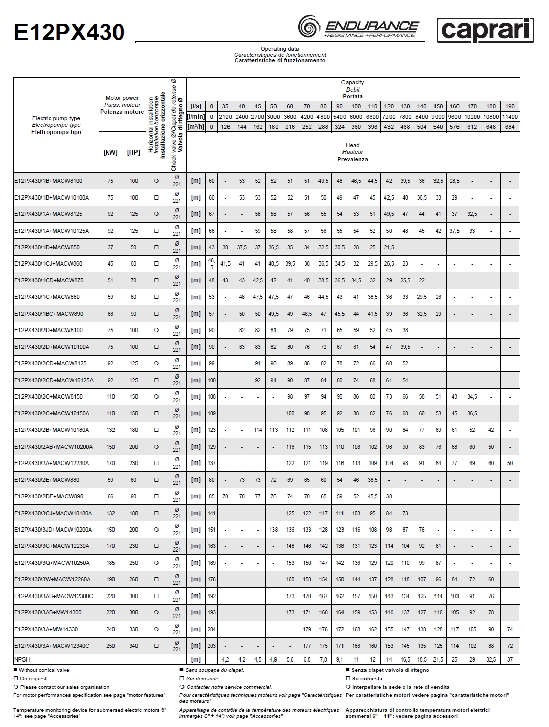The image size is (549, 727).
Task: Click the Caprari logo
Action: (x=485, y=31)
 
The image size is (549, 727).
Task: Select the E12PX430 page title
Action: (x=69, y=33)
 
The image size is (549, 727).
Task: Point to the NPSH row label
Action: (x=22, y=659)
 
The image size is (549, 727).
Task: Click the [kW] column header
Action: (x=110, y=152)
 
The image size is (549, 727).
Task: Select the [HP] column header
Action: (x=133, y=152)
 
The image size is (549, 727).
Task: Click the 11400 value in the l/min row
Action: (x=510, y=117)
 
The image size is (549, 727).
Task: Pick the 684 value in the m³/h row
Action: (x=510, y=127)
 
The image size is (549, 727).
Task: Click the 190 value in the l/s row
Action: (x=510, y=106)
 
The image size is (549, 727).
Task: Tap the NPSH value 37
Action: (x=510, y=659)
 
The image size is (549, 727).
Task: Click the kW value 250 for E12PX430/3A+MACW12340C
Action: (x=110, y=646)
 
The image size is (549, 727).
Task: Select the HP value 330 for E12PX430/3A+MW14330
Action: (x=133, y=629)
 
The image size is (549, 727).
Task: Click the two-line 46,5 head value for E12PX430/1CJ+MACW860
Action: (x=211, y=263)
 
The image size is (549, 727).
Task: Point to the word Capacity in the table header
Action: (x=353, y=82)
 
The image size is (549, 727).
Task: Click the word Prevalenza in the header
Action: (x=353, y=159)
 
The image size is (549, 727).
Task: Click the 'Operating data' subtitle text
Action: (x=280, y=49)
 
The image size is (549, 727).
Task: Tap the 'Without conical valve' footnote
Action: (x=44, y=670)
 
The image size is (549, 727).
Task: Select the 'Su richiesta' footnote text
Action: (x=367, y=678)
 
